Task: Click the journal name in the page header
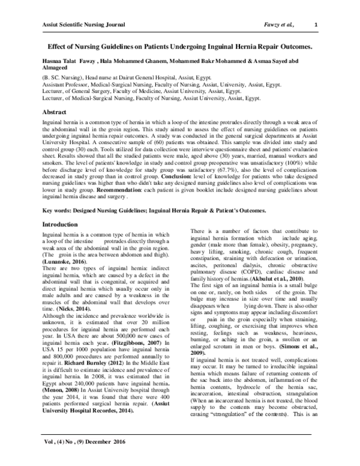83,23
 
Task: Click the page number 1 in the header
316,23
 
